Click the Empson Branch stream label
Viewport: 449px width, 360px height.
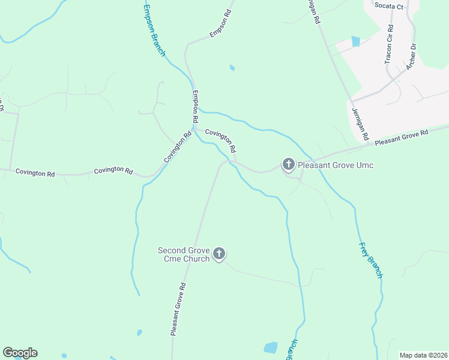tap(154, 31)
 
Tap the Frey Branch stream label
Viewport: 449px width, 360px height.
tap(370, 260)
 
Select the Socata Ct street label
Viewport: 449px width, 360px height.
tap(388, 6)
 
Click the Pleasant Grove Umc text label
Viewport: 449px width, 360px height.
tap(336, 164)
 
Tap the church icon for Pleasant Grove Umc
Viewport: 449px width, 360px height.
tap(288, 164)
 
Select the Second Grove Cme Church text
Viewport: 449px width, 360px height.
tap(184, 254)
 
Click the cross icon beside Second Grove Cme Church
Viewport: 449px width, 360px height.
tap(219, 254)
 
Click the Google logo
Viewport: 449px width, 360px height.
tap(20, 353)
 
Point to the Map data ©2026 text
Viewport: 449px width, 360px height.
tap(423, 355)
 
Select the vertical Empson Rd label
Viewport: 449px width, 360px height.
tap(195, 107)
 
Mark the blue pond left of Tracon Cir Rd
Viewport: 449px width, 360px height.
tap(356, 41)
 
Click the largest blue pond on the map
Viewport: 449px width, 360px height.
tap(271, 347)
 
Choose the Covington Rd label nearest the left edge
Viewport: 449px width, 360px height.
tap(35, 173)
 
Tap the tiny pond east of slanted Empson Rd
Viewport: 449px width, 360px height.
tap(232, 68)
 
